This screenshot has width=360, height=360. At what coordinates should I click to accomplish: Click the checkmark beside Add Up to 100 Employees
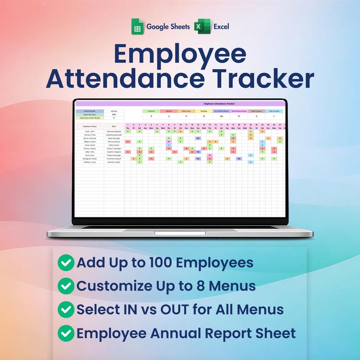(x=66, y=263)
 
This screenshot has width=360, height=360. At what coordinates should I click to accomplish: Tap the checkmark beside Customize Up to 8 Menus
(x=66, y=286)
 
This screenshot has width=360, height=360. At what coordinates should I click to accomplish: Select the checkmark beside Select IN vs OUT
(x=66, y=310)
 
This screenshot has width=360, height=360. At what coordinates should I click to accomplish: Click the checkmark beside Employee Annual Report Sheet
(x=66, y=333)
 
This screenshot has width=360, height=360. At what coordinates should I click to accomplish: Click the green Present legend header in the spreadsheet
(x=151, y=111)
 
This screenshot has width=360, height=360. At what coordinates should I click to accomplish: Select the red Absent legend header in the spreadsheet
(x=169, y=111)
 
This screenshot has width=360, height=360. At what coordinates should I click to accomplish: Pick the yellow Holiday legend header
(x=204, y=111)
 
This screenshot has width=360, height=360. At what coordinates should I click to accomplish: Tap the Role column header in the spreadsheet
(x=114, y=126)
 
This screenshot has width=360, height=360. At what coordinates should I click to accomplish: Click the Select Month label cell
(x=90, y=111)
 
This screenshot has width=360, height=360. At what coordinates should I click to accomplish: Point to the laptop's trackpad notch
(x=180, y=233)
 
